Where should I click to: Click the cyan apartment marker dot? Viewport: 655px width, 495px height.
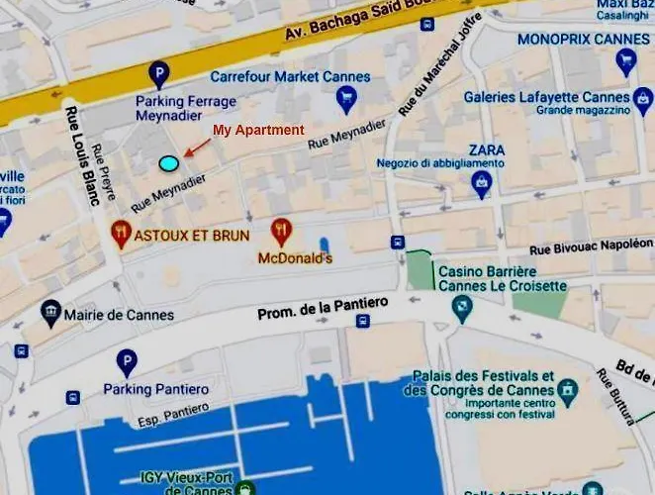169,162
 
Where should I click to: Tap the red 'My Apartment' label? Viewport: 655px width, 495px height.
258,130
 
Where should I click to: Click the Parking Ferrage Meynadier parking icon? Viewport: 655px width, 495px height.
158,72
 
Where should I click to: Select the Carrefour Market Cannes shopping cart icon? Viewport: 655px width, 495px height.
345,97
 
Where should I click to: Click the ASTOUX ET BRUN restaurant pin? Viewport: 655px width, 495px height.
122,235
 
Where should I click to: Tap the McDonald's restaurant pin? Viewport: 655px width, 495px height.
282,233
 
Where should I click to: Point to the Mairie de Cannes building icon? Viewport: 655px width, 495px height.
50,315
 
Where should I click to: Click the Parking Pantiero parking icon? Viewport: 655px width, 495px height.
127,362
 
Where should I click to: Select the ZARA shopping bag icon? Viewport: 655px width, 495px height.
482,181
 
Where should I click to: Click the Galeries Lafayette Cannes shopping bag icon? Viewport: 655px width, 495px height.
644,98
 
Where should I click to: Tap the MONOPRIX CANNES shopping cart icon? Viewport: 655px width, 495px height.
625,62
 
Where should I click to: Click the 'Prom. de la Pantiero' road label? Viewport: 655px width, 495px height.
323,307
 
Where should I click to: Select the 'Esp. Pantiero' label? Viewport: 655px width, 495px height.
174,413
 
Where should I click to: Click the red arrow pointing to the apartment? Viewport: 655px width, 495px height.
198,147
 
